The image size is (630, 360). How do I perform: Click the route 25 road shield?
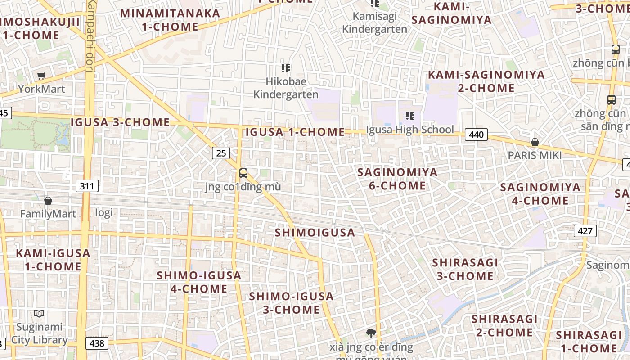[221, 153]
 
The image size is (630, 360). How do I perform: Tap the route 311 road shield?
[87, 185]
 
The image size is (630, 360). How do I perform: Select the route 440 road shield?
[476, 135]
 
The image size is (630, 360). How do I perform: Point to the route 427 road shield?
[585, 231]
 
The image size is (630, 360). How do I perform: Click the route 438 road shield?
[96, 343]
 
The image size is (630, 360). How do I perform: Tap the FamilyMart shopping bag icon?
[48, 201]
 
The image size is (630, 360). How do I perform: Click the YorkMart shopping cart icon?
[41, 76]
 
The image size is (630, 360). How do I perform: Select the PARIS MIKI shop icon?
[535, 143]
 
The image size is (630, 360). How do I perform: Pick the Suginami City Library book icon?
[39, 313]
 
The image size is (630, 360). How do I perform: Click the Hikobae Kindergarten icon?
[286, 68]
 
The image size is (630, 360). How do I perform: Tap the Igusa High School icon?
[409, 116]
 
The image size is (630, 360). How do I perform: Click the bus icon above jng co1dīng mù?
[243, 173]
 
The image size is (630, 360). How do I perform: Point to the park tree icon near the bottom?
[371, 333]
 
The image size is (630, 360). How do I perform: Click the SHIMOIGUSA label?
[315, 233]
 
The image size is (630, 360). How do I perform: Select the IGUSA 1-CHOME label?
[295, 132]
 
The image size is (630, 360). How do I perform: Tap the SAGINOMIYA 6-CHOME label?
[397, 179]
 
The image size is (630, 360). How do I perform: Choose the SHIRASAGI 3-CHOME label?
[465, 269]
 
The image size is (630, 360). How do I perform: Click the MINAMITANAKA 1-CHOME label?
[170, 20]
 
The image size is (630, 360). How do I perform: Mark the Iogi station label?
[104, 212]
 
